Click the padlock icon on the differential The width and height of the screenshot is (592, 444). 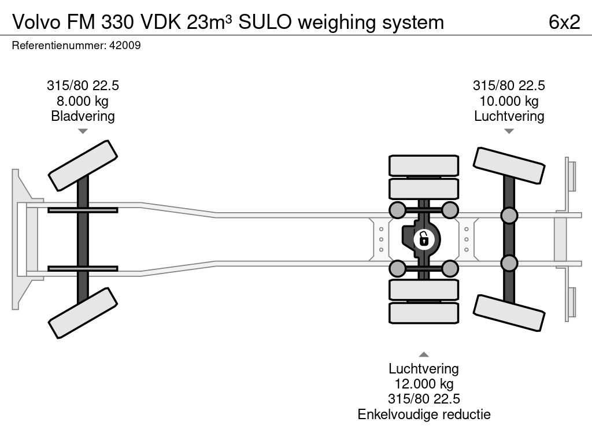(x=423, y=238)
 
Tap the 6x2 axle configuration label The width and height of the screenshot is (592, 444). (x=564, y=22)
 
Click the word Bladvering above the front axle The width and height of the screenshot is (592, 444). (x=83, y=116)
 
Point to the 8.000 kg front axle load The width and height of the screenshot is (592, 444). (x=83, y=101)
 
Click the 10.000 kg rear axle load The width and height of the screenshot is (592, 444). (x=509, y=101)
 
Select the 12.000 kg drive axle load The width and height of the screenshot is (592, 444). (x=423, y=384)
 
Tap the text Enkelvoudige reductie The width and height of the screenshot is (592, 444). (x=423, y=414)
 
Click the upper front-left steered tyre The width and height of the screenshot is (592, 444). (x=83, y=165)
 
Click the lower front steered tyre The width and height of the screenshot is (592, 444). (x=83, y=313)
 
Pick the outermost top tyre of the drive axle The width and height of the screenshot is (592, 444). (x=423, y=165)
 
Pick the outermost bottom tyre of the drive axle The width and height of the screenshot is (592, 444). (x=423, y=313)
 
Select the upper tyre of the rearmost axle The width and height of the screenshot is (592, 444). (x=509, y=166)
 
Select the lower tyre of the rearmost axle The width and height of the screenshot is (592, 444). (x=509, y=313)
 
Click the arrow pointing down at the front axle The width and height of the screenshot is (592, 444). (x=83, y=131)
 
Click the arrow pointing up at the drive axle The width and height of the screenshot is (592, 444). (x=423, y=354)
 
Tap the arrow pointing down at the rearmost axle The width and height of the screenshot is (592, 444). (x=509, y=131)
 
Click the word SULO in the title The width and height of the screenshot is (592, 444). (x=268, y=22)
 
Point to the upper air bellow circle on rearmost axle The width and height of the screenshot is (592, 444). (x=509, y=216)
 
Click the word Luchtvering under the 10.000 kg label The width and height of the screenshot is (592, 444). (x=509, y=116)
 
